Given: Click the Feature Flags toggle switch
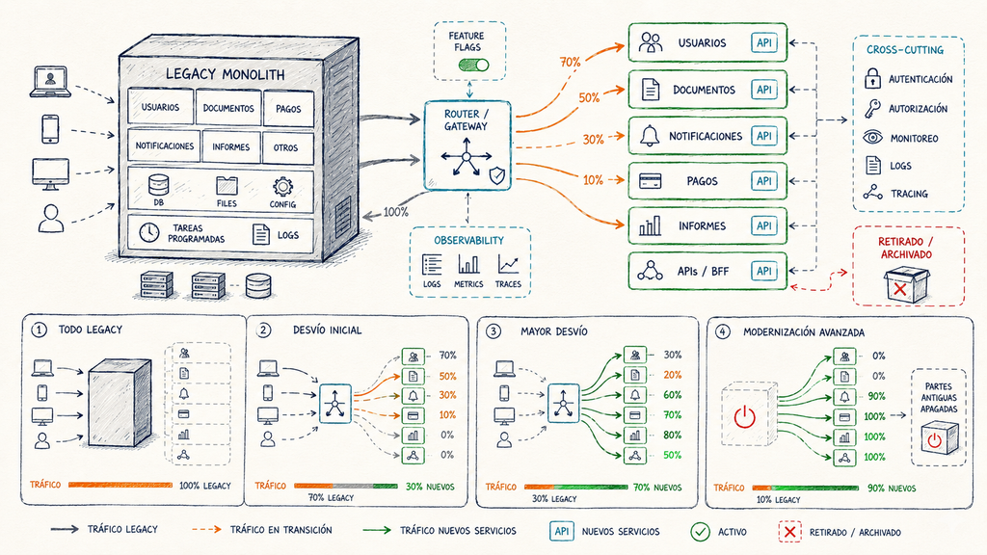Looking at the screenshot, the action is pos(473,65).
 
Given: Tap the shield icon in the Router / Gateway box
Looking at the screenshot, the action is pos(497,175).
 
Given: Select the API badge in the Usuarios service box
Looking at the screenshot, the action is pos(763,42).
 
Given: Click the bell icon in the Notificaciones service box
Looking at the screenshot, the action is pos(649,135).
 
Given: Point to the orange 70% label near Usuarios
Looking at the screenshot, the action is pos(571,62).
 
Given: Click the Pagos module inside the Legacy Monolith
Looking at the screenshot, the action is pos(287,108).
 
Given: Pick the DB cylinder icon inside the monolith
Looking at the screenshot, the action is pos(159,186).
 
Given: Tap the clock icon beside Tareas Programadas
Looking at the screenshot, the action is pos(149,232).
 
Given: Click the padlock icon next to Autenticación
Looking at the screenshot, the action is pos(871,78).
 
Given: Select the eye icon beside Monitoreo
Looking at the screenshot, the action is pos(872,137).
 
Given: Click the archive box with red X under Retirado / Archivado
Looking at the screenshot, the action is pos(906,284).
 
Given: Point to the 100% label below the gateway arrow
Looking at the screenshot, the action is pos(395,212).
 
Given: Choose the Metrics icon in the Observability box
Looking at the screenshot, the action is pos(468,264).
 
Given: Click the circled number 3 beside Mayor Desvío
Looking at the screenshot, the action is pos(493,331).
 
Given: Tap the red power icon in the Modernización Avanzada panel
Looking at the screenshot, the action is pos(744,417).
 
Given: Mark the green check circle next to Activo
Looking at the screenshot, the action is pos(700,532).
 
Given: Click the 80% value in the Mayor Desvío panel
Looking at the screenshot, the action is pos(672,435).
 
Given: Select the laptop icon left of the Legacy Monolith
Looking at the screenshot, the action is pos(50,82).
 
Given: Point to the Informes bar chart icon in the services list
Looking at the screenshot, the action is pos(650,225).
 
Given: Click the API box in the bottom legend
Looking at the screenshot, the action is pos(562,532).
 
